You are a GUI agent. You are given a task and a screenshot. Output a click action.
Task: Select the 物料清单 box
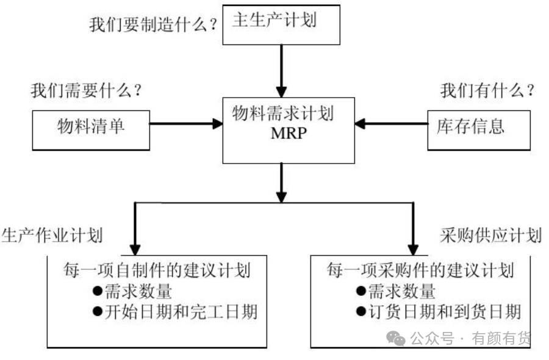pyautogui.click(x=91, y=129)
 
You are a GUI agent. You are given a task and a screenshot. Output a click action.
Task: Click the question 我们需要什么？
pyautogui.click(x=87, y=92)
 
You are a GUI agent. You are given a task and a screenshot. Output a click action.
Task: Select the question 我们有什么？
pyautogui.click(x=487, y=92)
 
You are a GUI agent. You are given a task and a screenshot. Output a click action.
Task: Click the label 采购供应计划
pyautogui.click(x=490, y=236)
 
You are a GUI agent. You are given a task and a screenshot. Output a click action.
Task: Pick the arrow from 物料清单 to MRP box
pyautogui.click(x=186, y=124)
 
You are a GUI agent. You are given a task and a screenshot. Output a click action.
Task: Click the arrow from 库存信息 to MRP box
pyautogui.click(x=391, y=124)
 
